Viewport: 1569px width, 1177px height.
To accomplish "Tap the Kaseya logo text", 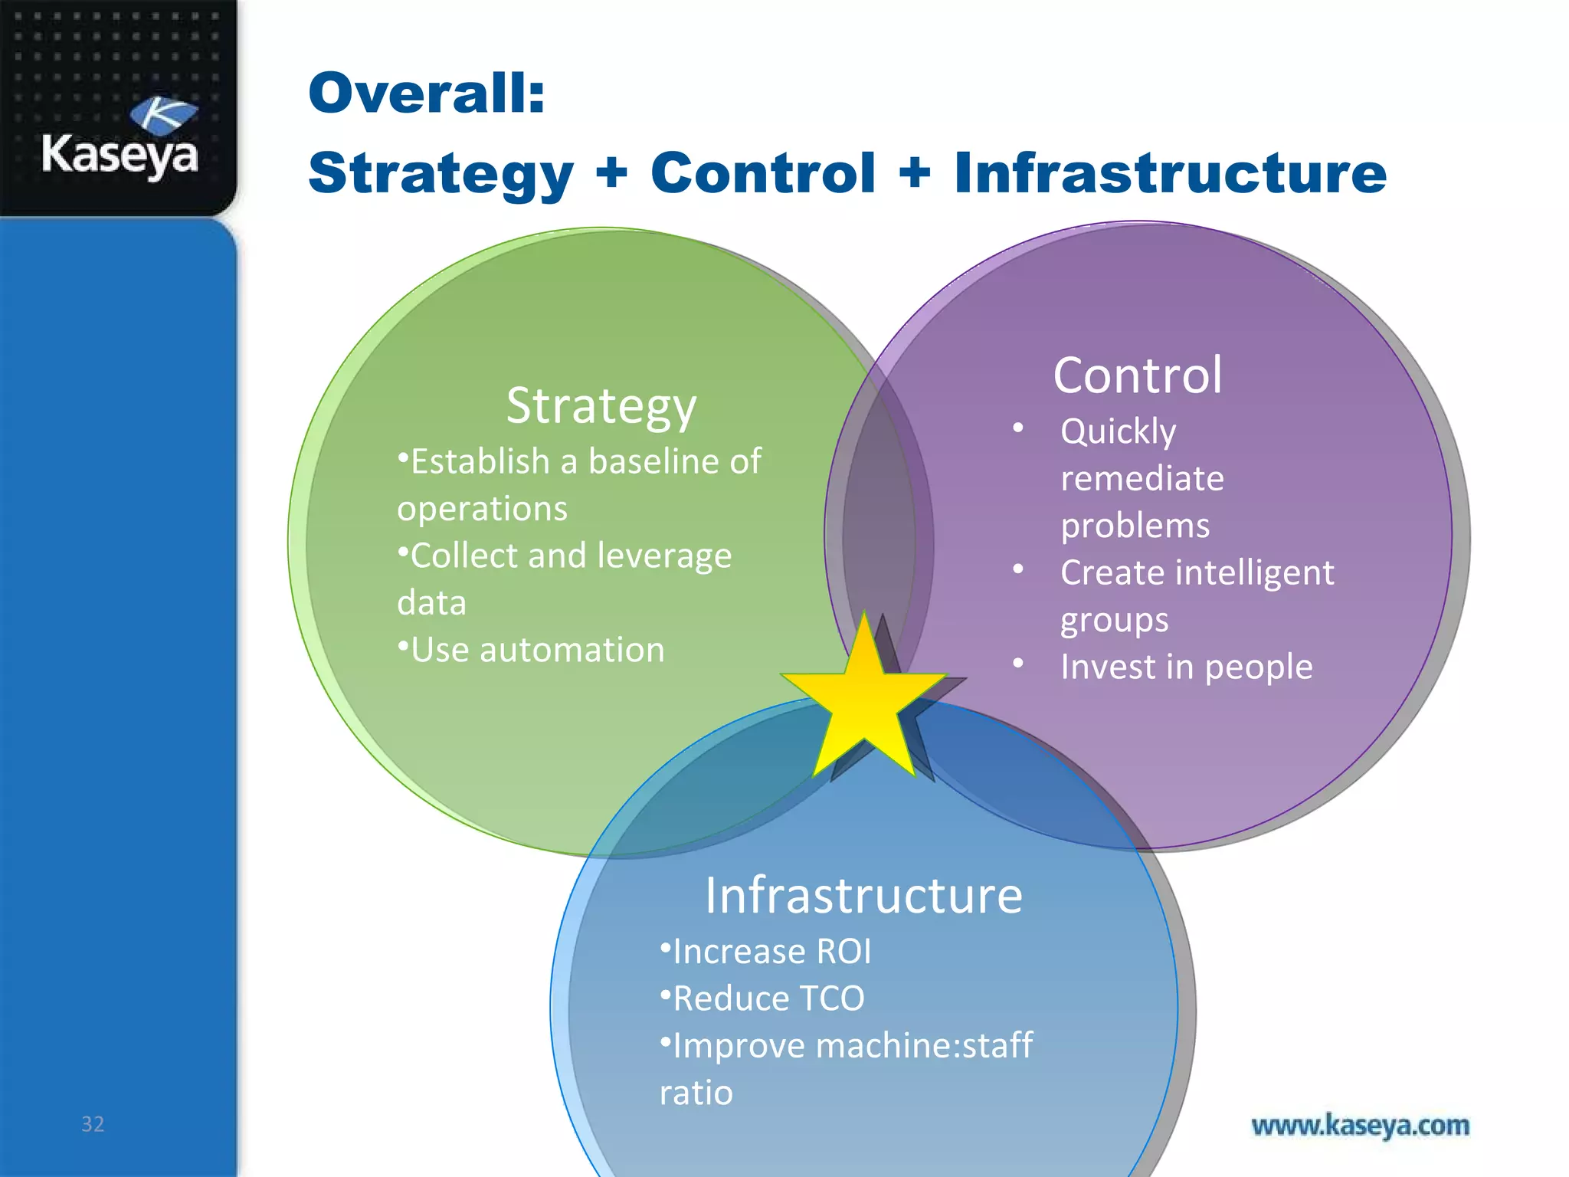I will (x=120, y=155).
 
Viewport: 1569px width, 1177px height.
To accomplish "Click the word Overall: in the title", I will (x=426, y=93).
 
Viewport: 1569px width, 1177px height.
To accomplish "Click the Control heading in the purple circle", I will (x=1138, y=375).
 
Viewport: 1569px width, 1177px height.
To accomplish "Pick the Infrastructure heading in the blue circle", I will (x=863, y=895).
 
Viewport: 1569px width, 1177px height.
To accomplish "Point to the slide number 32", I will (x=93, y=1124).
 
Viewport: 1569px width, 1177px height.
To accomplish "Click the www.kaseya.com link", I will (x=1360, y=1126).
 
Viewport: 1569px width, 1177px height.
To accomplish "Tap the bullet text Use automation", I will (x=536, y=650).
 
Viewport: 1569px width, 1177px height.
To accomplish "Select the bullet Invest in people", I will (x=1186, y=667).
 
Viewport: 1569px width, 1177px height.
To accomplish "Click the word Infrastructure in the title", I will (x=1170, y=173).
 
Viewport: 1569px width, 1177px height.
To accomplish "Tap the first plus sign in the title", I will (x=611, y=172).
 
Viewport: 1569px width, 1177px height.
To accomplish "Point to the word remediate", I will (x=1142, y=479).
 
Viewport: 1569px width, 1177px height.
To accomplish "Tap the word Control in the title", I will (x=763, y=173).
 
